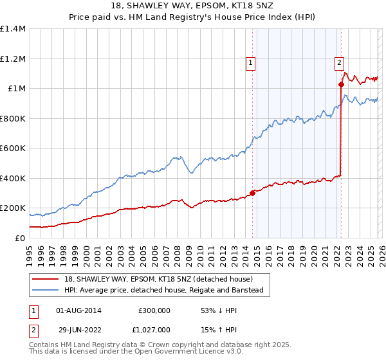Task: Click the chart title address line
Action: coord(193,7)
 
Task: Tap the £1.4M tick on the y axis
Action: coord(13,29)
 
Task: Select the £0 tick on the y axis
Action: coord(21,238)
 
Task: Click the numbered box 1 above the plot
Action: coord(250,62)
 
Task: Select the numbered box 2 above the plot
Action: coord(338,62)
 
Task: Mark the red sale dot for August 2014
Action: coord(252,194)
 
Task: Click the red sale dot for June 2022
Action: coord(342,84)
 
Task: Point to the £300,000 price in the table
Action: coord(154,310)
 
